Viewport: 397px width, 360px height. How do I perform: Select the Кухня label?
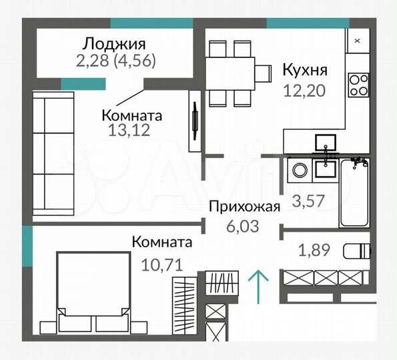[x=304, y=69]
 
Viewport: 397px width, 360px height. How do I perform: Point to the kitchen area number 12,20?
[x=304, y=91]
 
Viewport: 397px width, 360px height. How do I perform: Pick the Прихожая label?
[x=244, y=206]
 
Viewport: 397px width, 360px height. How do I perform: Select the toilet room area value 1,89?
[x=312, y=251]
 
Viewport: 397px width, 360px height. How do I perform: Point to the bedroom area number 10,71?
[x=162, y=263]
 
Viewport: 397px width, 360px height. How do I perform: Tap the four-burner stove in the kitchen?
[x=359, y=85]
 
